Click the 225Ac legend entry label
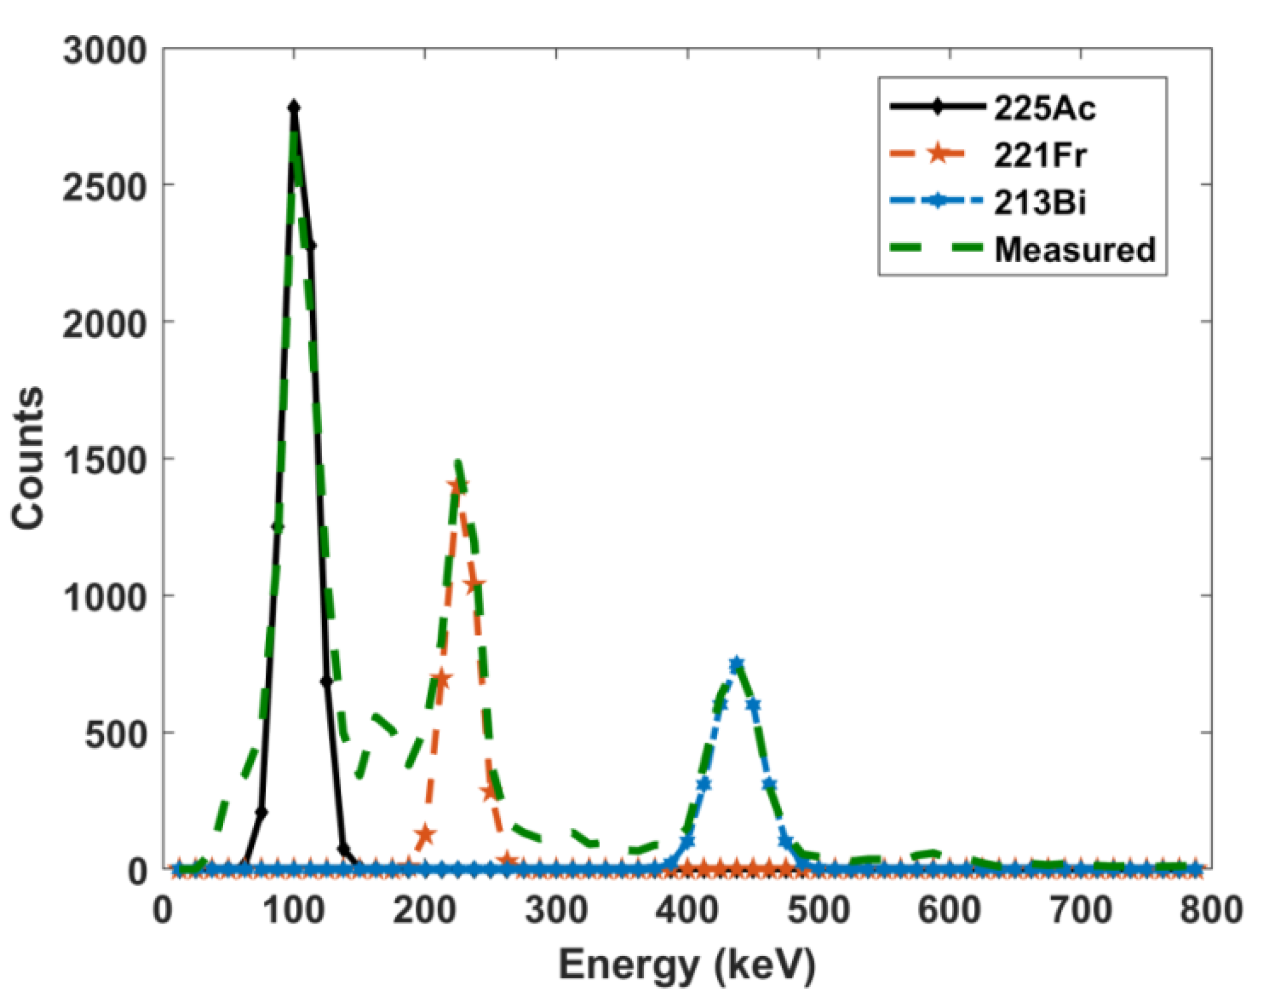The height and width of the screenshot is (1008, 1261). click(x=1044, y=109)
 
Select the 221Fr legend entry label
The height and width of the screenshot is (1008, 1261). click(x=1040, y=156)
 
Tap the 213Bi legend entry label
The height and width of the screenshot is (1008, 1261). click(x=1040, y=202)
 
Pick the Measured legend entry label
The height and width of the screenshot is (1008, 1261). click(x=1075, y=249)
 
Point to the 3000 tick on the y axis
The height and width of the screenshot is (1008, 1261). click(x=104, y=50)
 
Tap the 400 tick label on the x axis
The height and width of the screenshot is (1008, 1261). click(x=687, y=911)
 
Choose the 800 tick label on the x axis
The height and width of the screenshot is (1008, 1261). click(x=1211, y=911)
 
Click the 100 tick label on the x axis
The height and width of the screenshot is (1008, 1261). click(x=294, y=911)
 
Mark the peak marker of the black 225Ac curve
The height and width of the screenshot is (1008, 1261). click(x=294, y=107)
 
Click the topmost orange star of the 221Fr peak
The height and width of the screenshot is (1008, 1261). click(x=458, y=486)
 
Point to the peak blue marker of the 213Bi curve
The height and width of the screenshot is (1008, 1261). click(x=736, y=663)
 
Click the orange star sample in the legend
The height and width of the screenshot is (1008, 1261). click(x=938, y=154)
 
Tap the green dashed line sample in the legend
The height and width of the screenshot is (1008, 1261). click(x=938, y=249)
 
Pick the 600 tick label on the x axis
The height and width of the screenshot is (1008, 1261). click(x=949, y=911)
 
